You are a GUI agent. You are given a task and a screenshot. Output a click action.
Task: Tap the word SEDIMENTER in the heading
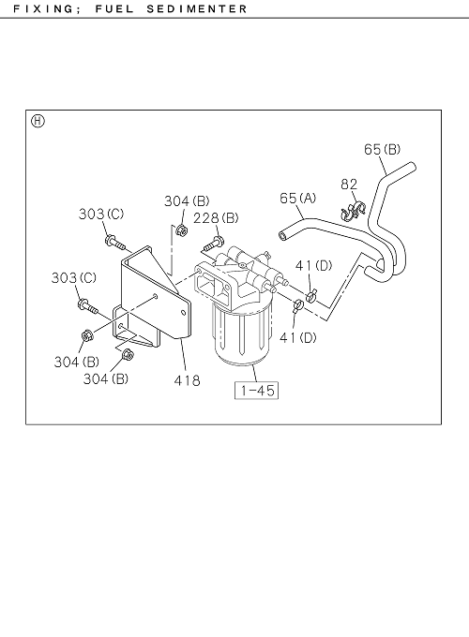pyautogui.click(x=197, y=8)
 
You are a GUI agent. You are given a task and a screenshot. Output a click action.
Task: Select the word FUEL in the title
pyautogui.click(x=114, y=8)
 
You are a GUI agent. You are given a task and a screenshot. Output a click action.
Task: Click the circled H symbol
pyautogui.click(x=38, y=121)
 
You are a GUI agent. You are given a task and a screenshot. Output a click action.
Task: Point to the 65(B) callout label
pyautogui.click(x=382, y=149)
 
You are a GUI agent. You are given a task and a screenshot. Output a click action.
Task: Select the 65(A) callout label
pyautogui.click(x=297, y=198)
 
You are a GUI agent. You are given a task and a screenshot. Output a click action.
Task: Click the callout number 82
pyautogui.click(x=349, y=185)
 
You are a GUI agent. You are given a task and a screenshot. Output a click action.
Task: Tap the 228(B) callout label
pyautogui.click(x=216, y=218)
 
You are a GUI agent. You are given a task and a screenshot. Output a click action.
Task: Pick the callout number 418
pyautogui.click(x=187, y=380)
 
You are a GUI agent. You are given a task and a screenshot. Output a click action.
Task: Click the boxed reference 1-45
pyautogui.click(x=257, y=391)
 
